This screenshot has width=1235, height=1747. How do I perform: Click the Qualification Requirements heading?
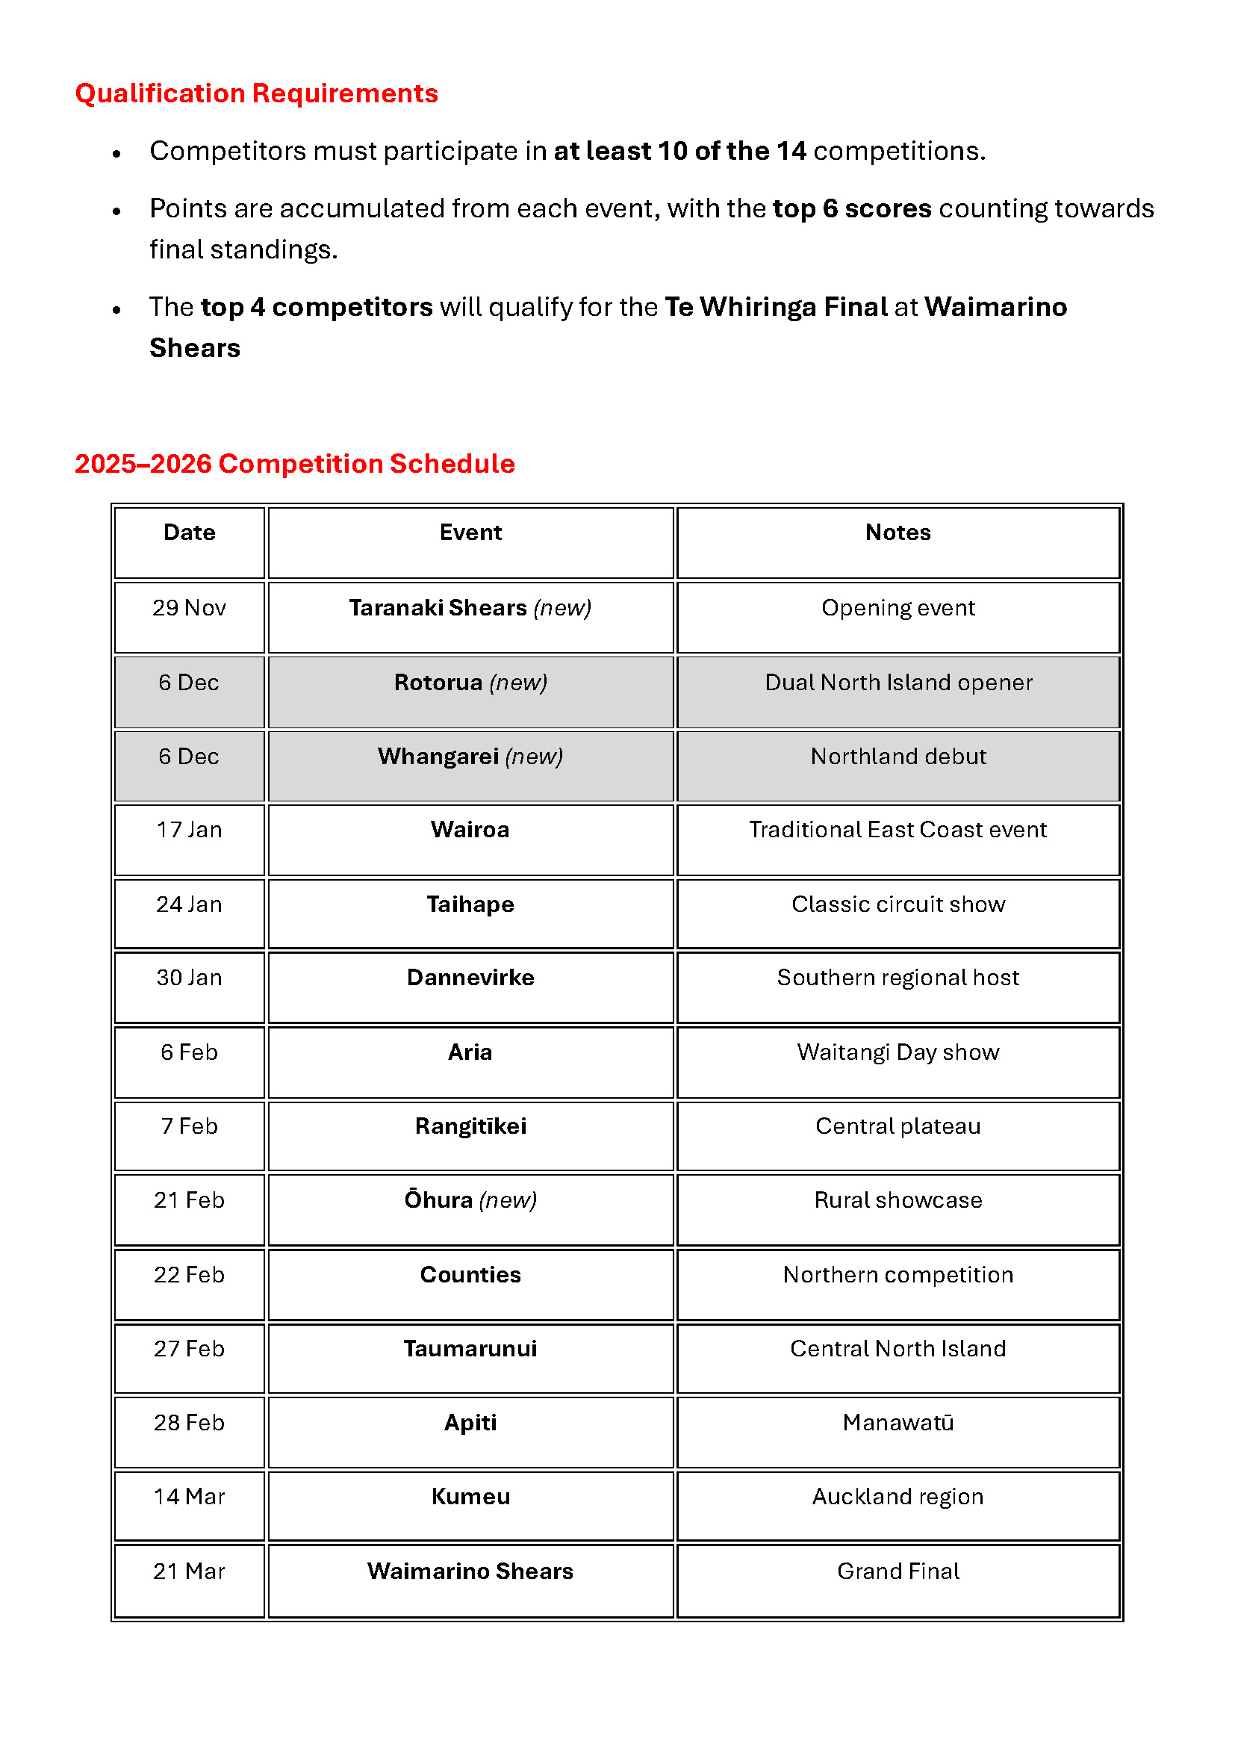256,93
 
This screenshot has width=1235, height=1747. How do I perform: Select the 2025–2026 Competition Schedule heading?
294,463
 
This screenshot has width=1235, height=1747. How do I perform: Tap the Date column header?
190,533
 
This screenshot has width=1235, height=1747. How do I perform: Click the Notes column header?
898,533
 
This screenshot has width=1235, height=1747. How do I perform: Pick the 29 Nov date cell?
190,608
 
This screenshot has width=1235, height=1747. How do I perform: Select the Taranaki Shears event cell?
470,608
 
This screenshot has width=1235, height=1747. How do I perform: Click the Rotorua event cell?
470,683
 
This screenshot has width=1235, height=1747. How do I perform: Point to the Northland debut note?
898,757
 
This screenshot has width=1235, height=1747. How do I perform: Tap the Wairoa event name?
470,829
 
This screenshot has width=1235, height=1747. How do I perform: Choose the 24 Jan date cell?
190,904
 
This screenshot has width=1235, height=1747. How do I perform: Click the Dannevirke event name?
470,978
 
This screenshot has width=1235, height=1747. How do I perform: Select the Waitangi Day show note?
898,1052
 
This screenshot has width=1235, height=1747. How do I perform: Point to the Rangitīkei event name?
470,1126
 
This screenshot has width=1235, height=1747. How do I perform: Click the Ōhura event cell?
470,1200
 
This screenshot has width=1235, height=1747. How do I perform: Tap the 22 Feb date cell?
190,1274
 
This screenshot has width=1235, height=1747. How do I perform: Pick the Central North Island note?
898,1348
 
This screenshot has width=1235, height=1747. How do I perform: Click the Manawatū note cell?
898,1422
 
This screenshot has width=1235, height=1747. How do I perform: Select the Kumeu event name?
470,1497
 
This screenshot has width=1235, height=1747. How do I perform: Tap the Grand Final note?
898,1571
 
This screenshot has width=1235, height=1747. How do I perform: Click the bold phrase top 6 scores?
852,208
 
